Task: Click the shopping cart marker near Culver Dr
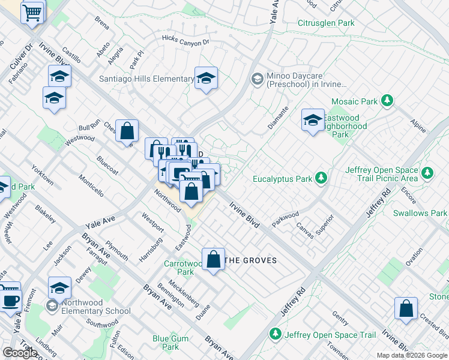[x=32, y=11]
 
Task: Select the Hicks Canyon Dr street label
[x=185, y=40]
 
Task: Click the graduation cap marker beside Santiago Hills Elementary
[x=206, y=78]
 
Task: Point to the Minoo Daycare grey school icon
[x=257, y=79]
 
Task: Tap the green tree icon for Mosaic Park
[x=388, y=101]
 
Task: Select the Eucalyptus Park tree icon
[x=322, y=178]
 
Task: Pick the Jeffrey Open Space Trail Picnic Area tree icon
[x=427, y=174]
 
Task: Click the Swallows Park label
[x=420, y=213]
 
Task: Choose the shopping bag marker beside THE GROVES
[x=213, y=260]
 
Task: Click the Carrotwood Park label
[x=184, y=268]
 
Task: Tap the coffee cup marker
[x=10, y=299]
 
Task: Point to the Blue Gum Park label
[x=170, y=343]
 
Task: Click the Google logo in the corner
[x=20, y=353]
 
